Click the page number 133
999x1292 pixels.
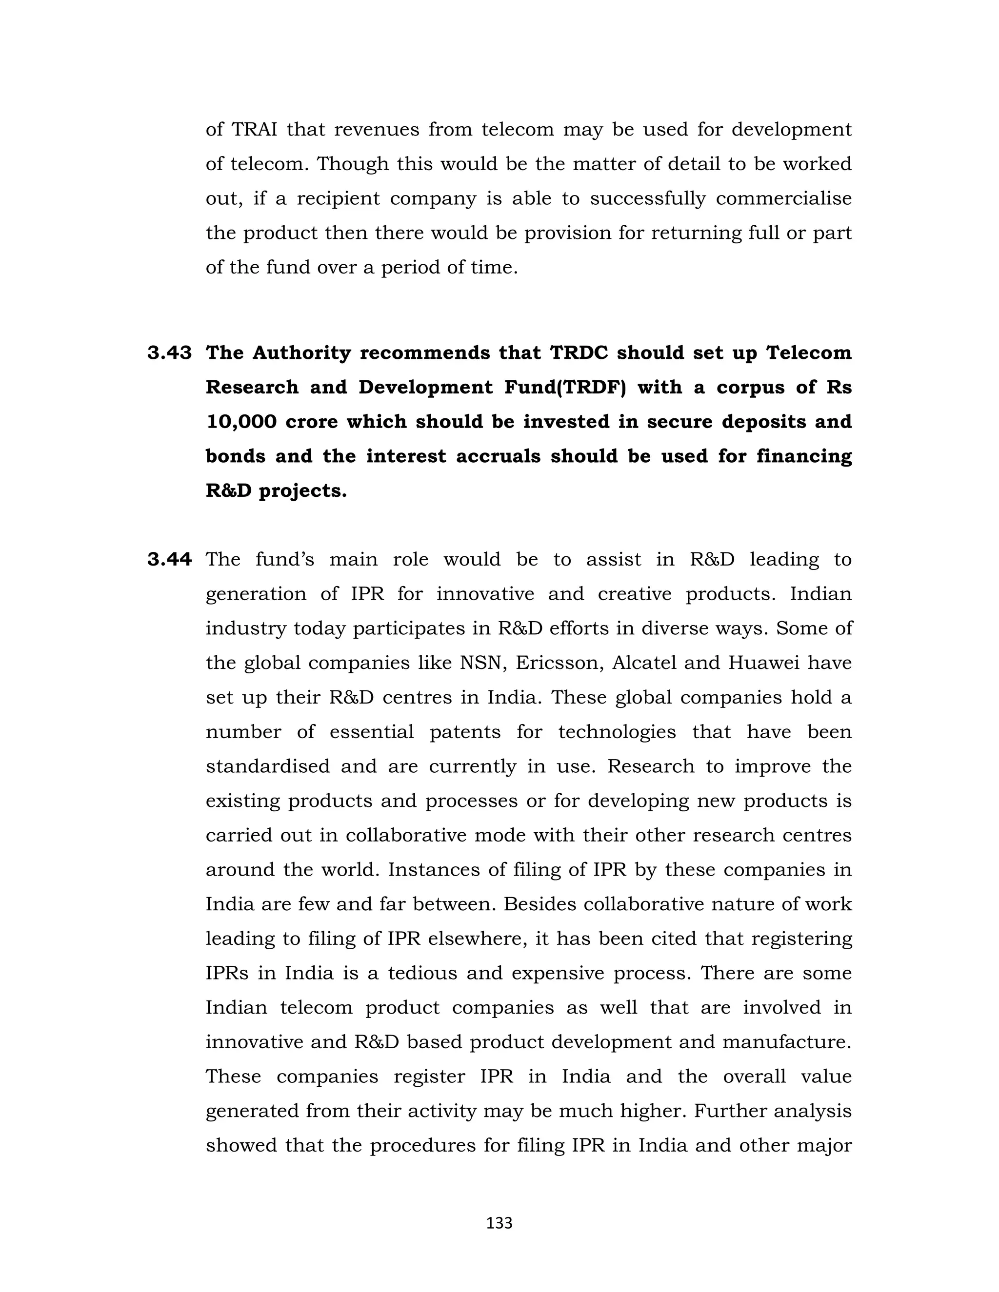499,1223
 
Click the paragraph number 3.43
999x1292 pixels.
169,353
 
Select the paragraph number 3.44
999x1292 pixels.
169,559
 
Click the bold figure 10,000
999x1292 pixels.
241,422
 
